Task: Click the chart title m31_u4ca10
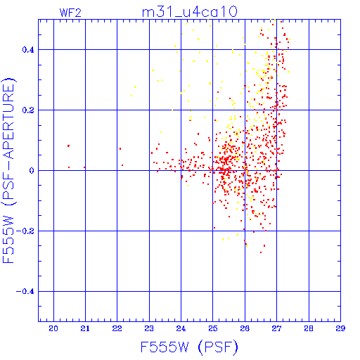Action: pos(190,11)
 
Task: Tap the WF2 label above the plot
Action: pos(70,13)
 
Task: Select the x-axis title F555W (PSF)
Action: pos(189,347)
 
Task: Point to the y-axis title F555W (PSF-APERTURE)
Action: pos(9,170)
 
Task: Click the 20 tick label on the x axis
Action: pos(53,328)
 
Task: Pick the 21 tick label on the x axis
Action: pos(85,328)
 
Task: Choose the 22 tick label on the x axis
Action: pos(117,328)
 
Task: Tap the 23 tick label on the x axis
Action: pos(149,328)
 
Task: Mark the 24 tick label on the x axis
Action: pos(181,328)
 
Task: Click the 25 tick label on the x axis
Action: pos(213,328)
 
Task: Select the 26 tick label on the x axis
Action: pos(245,328)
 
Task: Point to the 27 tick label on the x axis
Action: pos(276,328)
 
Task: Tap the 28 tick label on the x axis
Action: pos(309,328)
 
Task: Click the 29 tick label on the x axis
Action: pos(340,328)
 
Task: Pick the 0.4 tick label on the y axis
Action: pos(28,50)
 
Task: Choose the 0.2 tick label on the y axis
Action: pos(28,110)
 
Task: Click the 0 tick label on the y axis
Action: pos(32,171)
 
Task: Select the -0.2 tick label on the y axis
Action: pos(25,231)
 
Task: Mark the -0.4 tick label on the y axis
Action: pos(25,292)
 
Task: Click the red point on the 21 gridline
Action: pos(84,167)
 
